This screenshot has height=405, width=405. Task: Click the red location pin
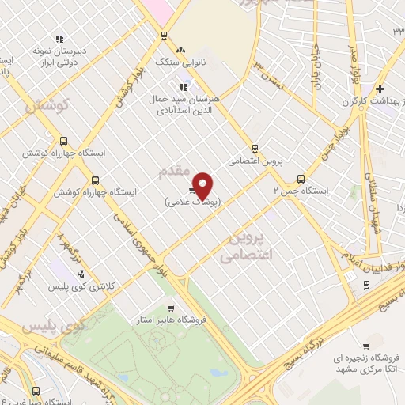203,185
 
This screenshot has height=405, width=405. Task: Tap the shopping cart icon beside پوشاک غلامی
192,190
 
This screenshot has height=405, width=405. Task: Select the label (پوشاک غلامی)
195,202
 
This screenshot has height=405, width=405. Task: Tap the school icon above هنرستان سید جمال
184,88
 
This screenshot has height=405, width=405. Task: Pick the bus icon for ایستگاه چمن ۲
300,178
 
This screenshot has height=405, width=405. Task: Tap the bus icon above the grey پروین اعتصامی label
255,148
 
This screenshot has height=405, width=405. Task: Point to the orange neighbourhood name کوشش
48,104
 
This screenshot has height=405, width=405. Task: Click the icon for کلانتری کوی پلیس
80,274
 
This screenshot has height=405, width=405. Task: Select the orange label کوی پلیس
52,325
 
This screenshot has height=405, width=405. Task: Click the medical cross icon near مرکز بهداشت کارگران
380,89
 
